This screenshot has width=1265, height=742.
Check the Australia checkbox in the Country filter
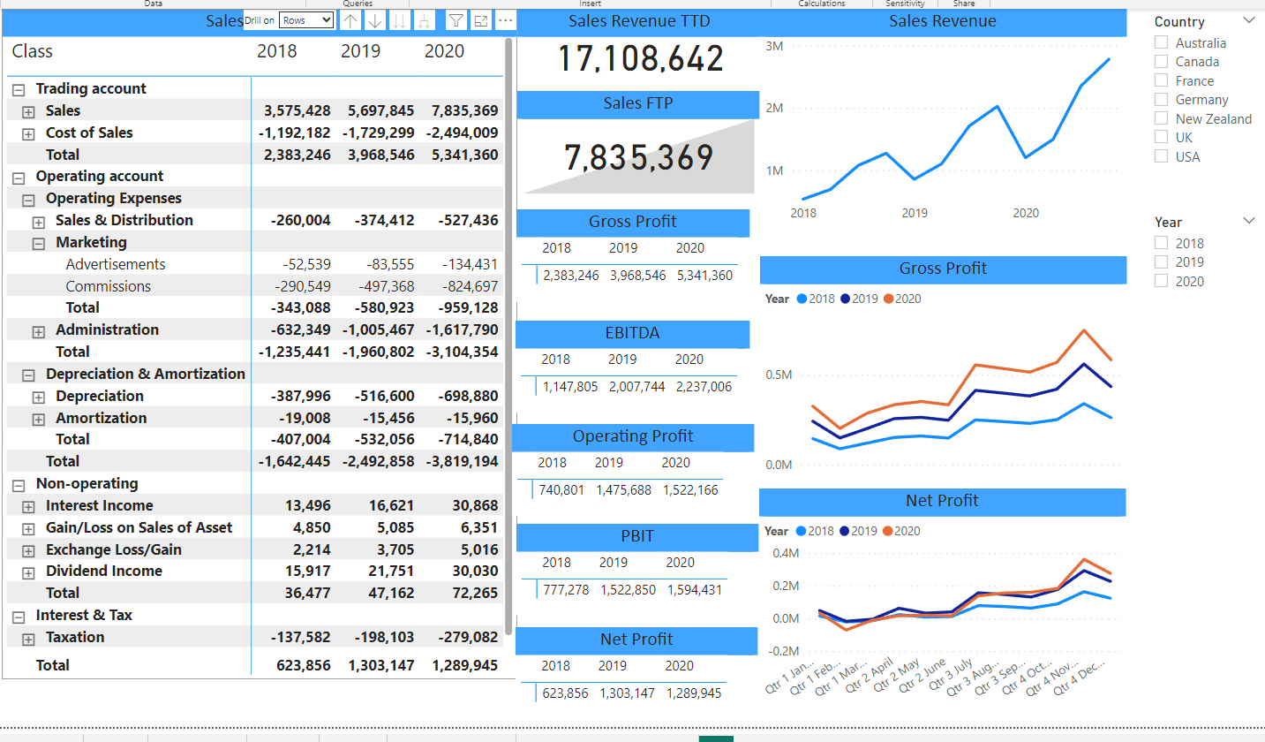[1162, 42]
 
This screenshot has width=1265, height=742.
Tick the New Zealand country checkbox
[1162, 118]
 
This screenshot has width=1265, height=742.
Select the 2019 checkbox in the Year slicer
[1162, 262]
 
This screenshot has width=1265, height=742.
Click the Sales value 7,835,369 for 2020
[465, 110]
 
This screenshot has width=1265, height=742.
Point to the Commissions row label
[108, 286]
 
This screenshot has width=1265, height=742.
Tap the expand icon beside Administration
[39, 331]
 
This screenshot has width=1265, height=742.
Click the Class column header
[33, 51]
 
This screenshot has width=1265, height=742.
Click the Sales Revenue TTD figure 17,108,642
[640, 58]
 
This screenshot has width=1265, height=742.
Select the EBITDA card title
[632, 333]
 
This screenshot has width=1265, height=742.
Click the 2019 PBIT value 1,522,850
[628, 589]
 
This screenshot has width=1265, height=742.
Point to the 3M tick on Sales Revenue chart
[773, 45]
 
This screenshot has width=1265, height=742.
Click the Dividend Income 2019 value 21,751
[391, 571]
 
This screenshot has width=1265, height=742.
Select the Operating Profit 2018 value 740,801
[561, 489]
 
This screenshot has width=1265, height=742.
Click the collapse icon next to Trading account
[19, 89]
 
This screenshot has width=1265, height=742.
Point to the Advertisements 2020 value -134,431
[470, 264]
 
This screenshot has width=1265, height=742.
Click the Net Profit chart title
[942, 501]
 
